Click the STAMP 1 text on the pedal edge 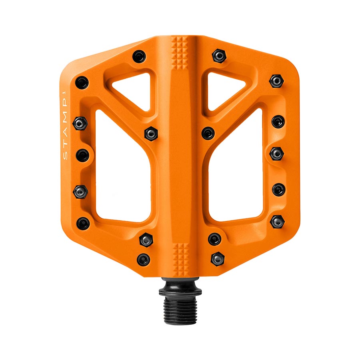pyautogui.click(x=65, y=125)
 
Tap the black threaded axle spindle pyautogui.click(x=180, y=301)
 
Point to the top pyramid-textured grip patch pyautogui.click(x=179, y=53)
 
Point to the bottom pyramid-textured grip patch pyautogui.click(x=181, y=260)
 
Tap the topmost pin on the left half pyautogui.click(x=139, y=56)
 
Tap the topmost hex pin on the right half pyautogui.click(x=219, y=56)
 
